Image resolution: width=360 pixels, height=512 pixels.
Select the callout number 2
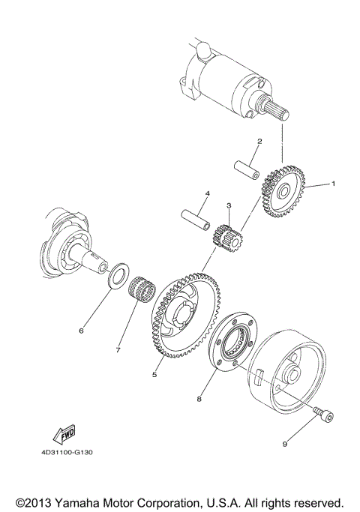(259, 141)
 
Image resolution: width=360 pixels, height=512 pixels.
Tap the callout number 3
(229, 205)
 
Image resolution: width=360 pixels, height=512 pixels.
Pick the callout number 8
(199, 400)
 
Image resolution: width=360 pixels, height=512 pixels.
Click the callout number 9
(285, 444)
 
